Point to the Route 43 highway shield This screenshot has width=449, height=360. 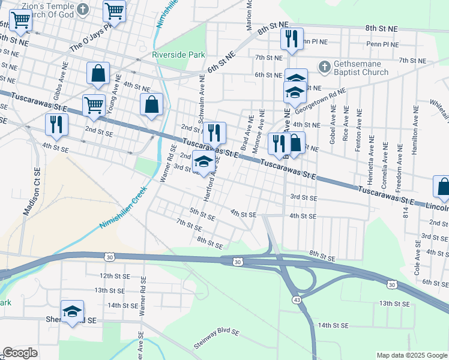(x=297, y=298)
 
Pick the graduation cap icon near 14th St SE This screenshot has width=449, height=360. (x=72, y=311)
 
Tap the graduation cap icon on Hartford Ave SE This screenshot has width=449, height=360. (x=203, y=162)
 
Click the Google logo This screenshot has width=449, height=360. (x=20, y=353)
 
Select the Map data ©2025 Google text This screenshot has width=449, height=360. (x=411, y=355)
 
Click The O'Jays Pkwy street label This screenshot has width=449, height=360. (x=91, y=37)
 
